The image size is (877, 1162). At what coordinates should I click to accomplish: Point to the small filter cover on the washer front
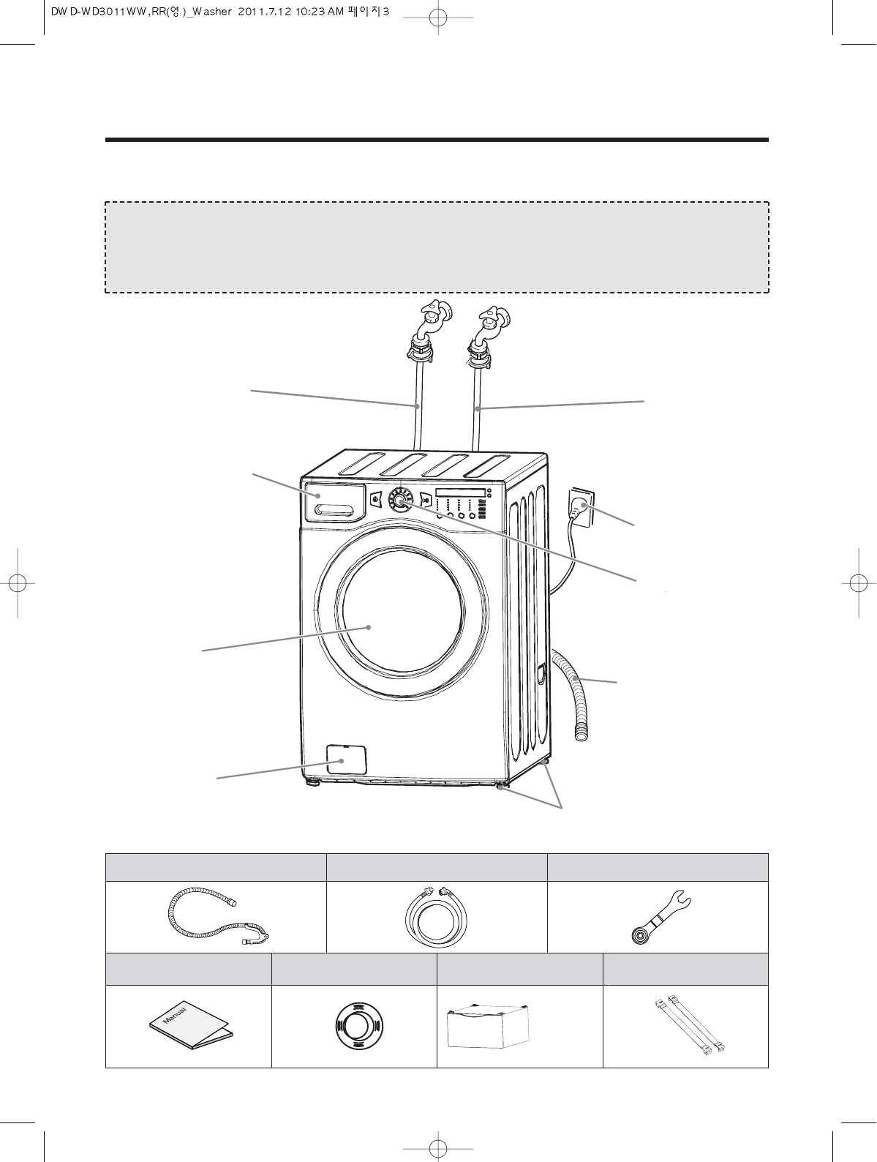coord(346,760)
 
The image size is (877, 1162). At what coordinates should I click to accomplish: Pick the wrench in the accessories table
coord(659,918)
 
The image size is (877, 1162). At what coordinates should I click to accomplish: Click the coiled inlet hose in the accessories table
coord(436,917)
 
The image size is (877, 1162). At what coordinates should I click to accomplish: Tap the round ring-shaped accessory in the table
coord(354,1026)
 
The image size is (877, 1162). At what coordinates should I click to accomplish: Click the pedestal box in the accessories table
coord(488,1025)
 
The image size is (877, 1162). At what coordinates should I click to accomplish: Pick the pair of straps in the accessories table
coord(686,1025)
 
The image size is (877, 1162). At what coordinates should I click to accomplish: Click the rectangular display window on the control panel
coord(460,492)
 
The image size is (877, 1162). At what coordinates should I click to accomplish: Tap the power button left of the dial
coord(376,500)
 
